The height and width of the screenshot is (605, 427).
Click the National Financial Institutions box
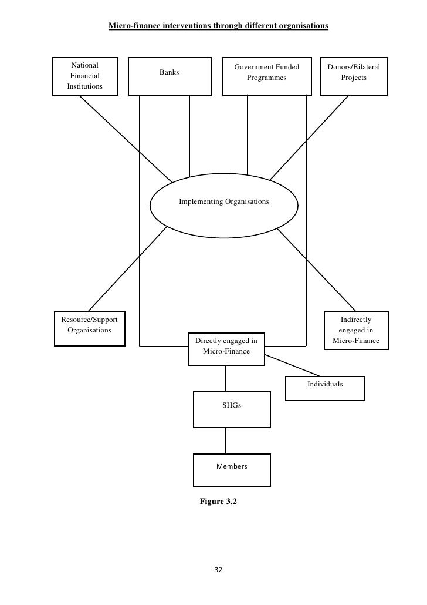point(85,76)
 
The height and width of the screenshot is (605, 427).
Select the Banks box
point(169,76)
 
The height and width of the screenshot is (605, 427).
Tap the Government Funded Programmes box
point(266,76)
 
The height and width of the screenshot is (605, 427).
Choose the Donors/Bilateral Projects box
point(354,76)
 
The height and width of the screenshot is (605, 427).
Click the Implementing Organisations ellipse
point(223,203)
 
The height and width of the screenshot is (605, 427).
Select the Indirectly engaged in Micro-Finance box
point(355,330)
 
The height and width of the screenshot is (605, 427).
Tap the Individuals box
point(325,388)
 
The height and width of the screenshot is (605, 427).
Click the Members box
point(232,470)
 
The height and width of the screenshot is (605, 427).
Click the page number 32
point(218,570)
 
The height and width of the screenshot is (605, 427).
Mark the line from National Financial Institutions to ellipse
point(125,139)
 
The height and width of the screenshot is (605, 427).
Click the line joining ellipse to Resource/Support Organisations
point(126,271)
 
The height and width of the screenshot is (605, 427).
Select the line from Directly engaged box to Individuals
point(292,365)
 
